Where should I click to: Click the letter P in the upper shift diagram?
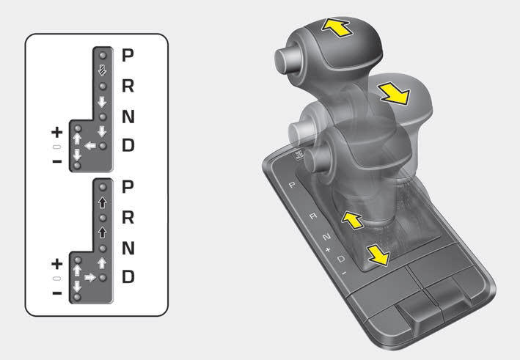pyautogui.click(x=128, y=55)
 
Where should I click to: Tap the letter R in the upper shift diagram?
pyautogui.click(x=128, y=86)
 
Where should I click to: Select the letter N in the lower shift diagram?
pyautogui.click(x=128, y=248)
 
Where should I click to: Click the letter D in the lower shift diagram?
pyautogui.click(x=128, y=277)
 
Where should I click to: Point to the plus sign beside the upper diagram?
pyautogui.click(x=57, y=132)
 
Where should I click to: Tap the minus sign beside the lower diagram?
pyautogui.click(x=57, y=293)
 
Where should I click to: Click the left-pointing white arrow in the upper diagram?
pyautogui.click(x=90, y=145)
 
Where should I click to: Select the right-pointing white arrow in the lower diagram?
pyautogui.click(x=90, y=277)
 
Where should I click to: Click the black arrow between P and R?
pyautogui.click(x=103, y=202)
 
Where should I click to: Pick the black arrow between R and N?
pyautogui.click(x=103, y=232)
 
